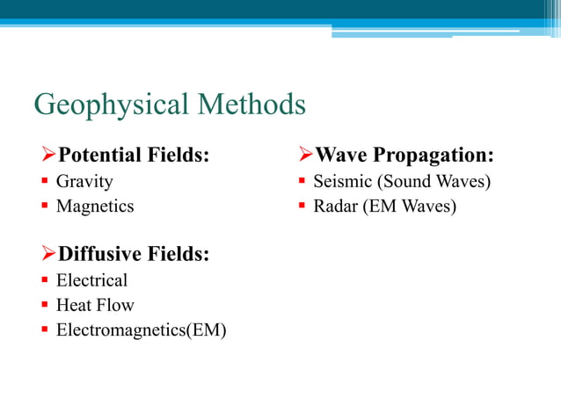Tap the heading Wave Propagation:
pos(404,156)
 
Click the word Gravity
pos(84,182)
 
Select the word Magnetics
pos(95,206)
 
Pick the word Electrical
pos(91,280)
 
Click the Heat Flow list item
pos(95,305)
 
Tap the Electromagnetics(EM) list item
pos(141,330)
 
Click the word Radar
pos(337,206)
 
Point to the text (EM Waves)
pos(410,206)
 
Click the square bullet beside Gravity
pos(43,183)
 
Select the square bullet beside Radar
pos(301,207)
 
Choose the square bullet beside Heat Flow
pos(43,306)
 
